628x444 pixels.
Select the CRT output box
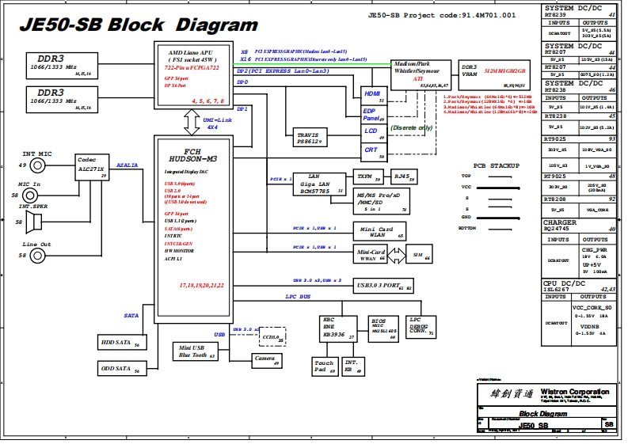372,150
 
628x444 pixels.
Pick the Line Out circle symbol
37,255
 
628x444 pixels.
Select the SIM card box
417,256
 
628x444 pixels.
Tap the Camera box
265,359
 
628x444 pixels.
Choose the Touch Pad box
323,366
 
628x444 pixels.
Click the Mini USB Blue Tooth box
195,351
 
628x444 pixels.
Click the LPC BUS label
298,297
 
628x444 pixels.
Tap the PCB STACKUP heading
496,165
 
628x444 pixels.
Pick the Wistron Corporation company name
575,391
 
